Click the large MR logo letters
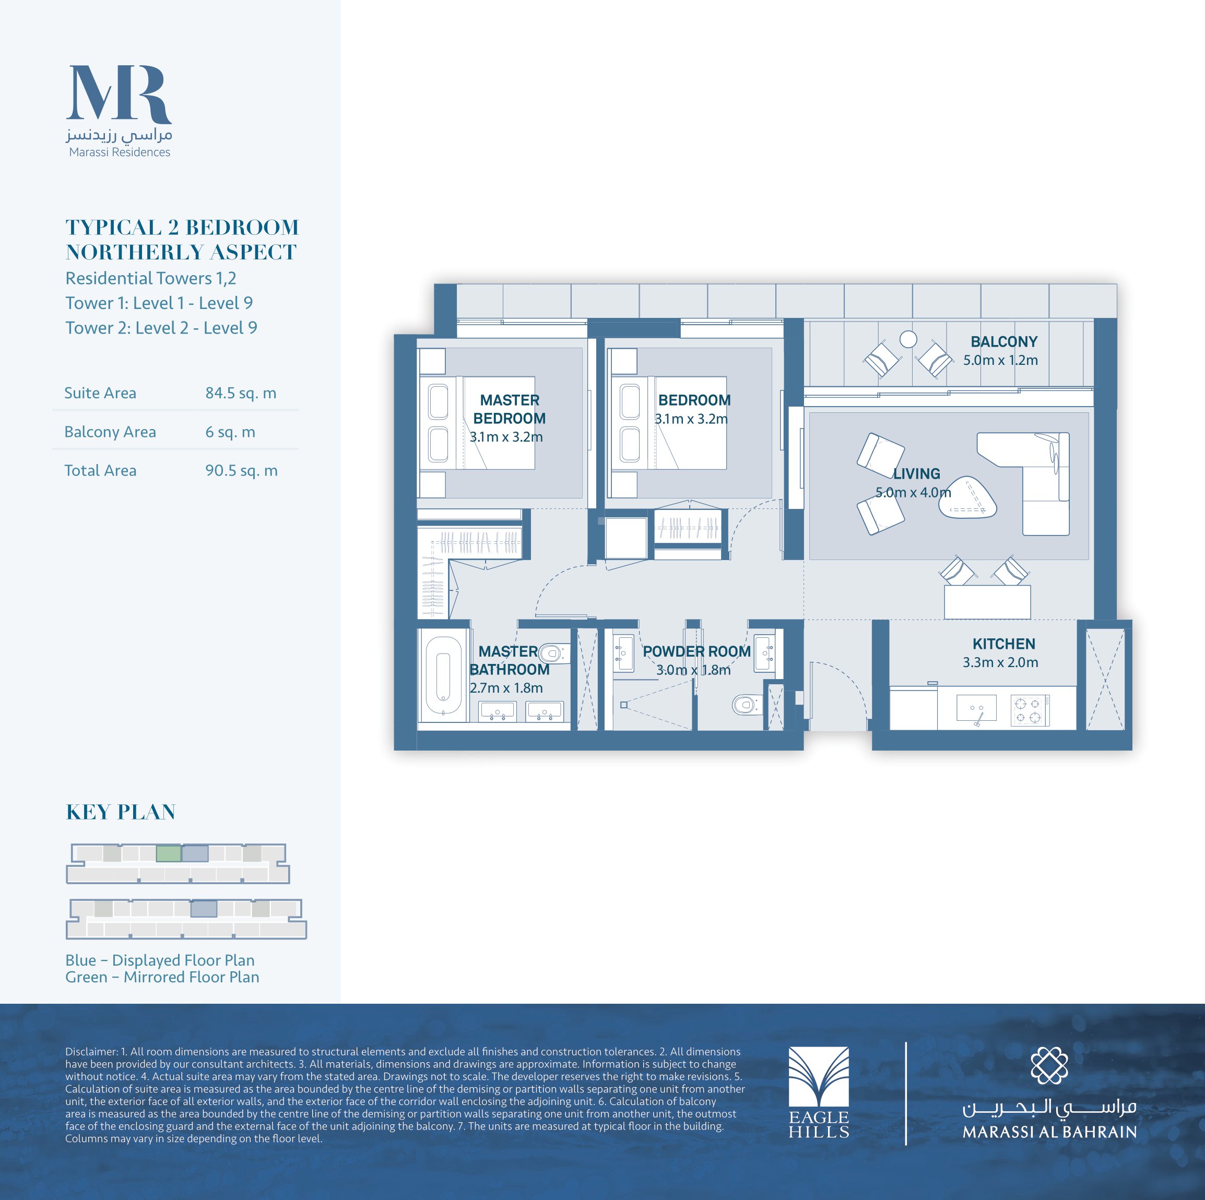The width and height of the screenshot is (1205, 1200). [119, 93]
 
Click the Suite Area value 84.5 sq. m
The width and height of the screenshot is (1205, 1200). [241, 393]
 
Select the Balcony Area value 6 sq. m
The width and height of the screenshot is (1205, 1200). [230, 432]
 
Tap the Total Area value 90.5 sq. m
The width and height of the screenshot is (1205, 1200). [241, 470]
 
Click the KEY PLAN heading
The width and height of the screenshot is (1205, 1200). [121, 812]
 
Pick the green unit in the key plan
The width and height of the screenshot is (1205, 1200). [169, 853]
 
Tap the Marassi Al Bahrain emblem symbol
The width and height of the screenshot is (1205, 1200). [1049, 1065]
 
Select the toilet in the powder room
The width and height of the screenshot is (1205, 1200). [745, 705]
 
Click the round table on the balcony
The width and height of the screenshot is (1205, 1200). [908, 339]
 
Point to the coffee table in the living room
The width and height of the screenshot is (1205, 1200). [967, 497]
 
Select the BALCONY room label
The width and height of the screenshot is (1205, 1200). [1003, 342]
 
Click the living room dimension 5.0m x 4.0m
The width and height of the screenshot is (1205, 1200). [913, 492]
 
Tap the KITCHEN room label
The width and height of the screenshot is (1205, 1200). [1003, 644]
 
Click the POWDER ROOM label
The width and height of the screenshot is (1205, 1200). [696, 651]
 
